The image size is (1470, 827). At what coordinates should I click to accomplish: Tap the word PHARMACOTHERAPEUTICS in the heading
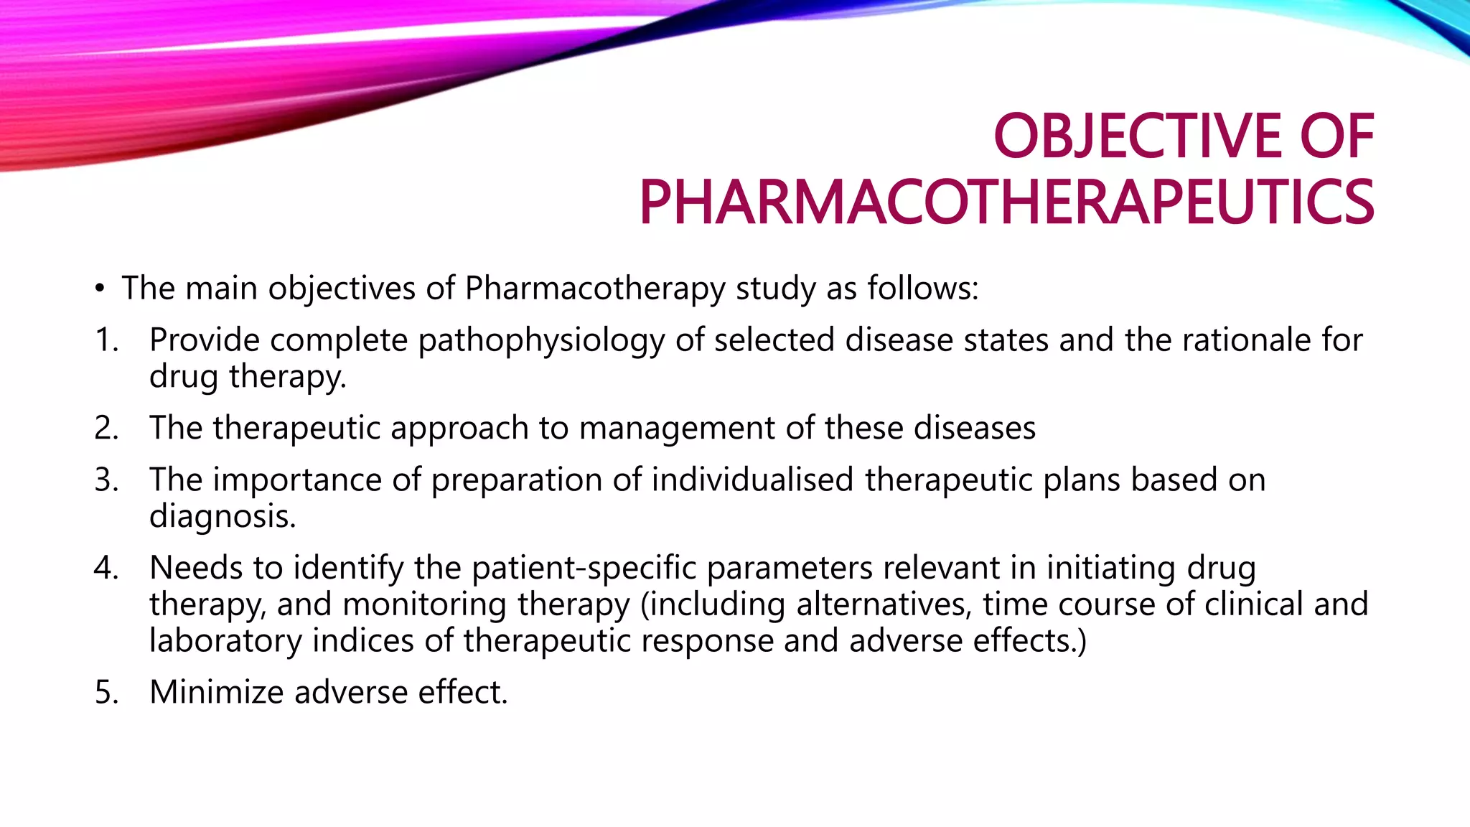pyautogui.click(x=1006, y=202)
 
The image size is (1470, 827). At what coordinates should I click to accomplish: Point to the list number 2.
pyautogui.click(x=106, y=428)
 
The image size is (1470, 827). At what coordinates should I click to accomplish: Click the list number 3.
pyautogui.click(x=106, y=480)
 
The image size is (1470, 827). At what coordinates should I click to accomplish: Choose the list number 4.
pyautogui.click(x=106, y=568)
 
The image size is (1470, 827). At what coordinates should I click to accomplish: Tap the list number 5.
pyautogui.click(x=106, y=692)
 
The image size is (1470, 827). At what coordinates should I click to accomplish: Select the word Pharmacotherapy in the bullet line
pyautogui.click(x=595, y=289)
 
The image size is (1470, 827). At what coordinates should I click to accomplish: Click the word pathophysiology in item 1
pyautogui.click(x=541, y=341)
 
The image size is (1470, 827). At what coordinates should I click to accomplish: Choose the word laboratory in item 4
pyautogui.click(x=225, y=641)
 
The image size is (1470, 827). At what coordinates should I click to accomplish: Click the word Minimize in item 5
pyautogui.click(x=216, y=692)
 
